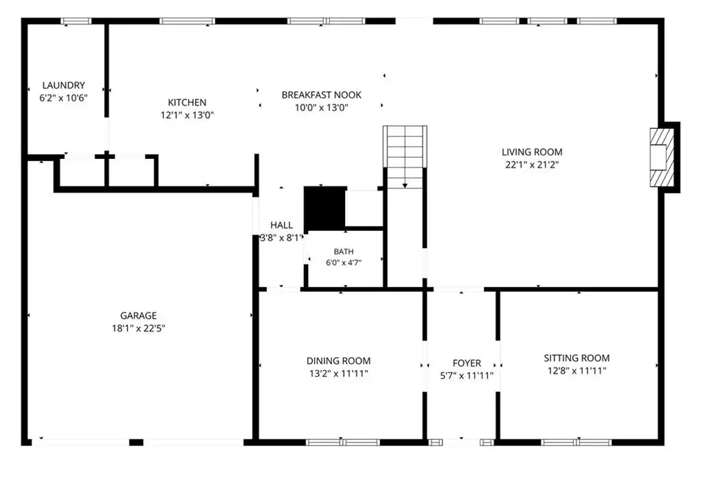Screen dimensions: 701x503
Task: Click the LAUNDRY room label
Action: click(64, 85)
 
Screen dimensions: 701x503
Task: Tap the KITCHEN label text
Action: click(187, 103)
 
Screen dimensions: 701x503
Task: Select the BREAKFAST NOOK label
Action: click(322, 95)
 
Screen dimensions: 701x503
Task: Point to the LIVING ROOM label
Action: click(532, 152)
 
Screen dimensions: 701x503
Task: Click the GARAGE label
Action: click(138, 316)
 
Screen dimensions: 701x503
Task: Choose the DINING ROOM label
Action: click(338, 361)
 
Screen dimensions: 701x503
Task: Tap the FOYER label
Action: click(467, 363)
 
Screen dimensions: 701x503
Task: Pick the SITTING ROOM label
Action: click(576, 358)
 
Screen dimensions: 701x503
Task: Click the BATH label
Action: click(344, 252)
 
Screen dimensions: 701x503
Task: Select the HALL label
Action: click(281, 225)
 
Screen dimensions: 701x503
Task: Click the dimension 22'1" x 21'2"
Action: click(532, 164)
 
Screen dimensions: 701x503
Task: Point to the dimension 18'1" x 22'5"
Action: click(138, 328)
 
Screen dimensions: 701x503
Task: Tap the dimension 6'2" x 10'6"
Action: click(64, 97)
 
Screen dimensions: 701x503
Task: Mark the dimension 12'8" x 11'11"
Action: click(576, 371)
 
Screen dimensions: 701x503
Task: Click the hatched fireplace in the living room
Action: click(662, 158)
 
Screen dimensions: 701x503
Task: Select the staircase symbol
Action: click(405, 157)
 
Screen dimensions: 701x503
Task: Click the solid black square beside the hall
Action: click(324, 208)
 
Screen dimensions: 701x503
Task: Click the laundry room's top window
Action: click(76, 21)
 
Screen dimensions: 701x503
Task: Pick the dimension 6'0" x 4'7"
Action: click(344, 262)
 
